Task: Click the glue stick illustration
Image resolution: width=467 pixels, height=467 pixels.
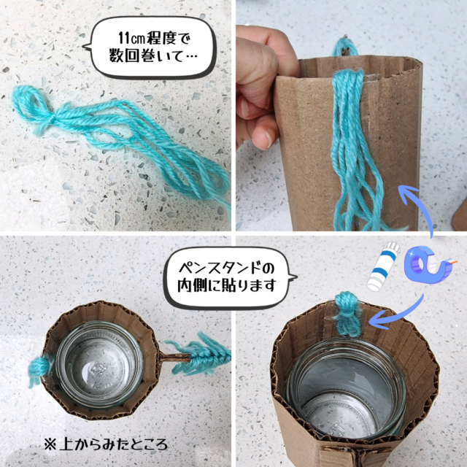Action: pyautogui.click(x=383, y=266)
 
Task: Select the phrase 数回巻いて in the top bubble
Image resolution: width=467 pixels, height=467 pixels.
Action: pyautogui.click(x=146, y=56)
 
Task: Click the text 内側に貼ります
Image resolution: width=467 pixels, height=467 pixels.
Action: pyautogui.click(x=227, y=286)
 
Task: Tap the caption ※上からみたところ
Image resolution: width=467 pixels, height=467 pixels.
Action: pyautogui.click(x=106, y=444)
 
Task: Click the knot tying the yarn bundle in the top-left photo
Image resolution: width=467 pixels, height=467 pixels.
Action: pyautogui.click(x=53, y=120)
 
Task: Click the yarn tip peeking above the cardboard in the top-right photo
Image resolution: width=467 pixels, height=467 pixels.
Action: pyautogui.click(x=344, y=46)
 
